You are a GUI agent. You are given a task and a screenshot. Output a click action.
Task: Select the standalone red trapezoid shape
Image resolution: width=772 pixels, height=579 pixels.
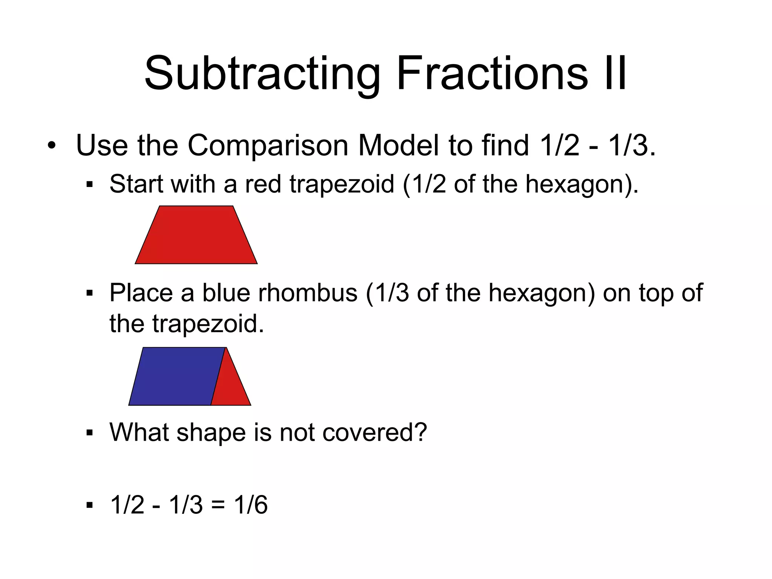(x=196, y=235)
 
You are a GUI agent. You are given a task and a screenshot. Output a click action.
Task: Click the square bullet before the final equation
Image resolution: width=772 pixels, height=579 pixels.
(x=89, y=505)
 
